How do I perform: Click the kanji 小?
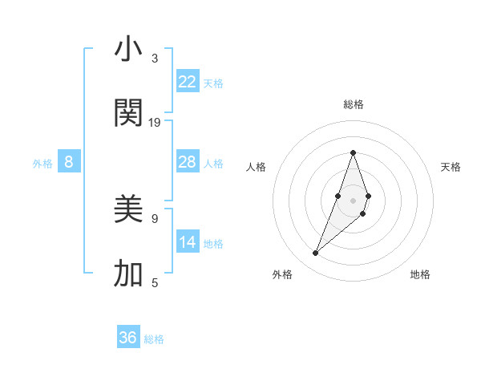click(128, 50)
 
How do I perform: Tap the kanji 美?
click(128, 210)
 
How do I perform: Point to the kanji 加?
click(128, 274)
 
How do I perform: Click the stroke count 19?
click(155, 123)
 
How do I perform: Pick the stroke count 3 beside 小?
click(155, 59)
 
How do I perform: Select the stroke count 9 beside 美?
click(155, 218)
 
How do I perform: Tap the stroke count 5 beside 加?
click(155, 282)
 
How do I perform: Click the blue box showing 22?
click(188, 82)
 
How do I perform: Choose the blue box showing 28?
click(188, 162)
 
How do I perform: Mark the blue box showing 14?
click(188, 242)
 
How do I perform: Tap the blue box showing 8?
click(69, 162)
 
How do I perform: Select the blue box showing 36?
click(128, 338)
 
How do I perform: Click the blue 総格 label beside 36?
click(154, 339)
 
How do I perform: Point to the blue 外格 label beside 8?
click(42, 164)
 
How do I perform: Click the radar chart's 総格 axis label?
click(353, 104)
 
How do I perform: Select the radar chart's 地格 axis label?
click(420, 274)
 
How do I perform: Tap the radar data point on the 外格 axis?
click(316, 253)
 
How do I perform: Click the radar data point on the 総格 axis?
click(353, 152)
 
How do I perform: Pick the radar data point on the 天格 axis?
click(368, 196)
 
